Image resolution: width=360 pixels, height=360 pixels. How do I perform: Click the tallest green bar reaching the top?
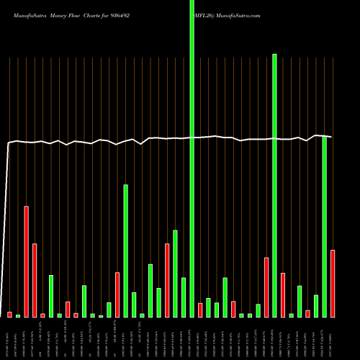click(x=192, y=158)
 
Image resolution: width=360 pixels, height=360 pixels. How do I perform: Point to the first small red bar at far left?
click(x=9, y=314)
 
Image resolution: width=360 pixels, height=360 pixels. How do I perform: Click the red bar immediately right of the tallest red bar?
click(x=35, y=280)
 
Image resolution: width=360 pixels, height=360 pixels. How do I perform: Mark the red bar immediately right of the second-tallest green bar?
click(x=283, y=294)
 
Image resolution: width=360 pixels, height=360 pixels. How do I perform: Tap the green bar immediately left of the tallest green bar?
click(x=184, y=297)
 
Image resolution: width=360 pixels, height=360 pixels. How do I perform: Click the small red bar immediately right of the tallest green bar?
click(x=200, y=310)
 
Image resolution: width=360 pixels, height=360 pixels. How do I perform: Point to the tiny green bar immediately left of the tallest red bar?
click(x=18, y=315)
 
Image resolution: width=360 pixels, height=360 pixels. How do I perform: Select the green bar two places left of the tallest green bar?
click(x=175, y=273)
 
